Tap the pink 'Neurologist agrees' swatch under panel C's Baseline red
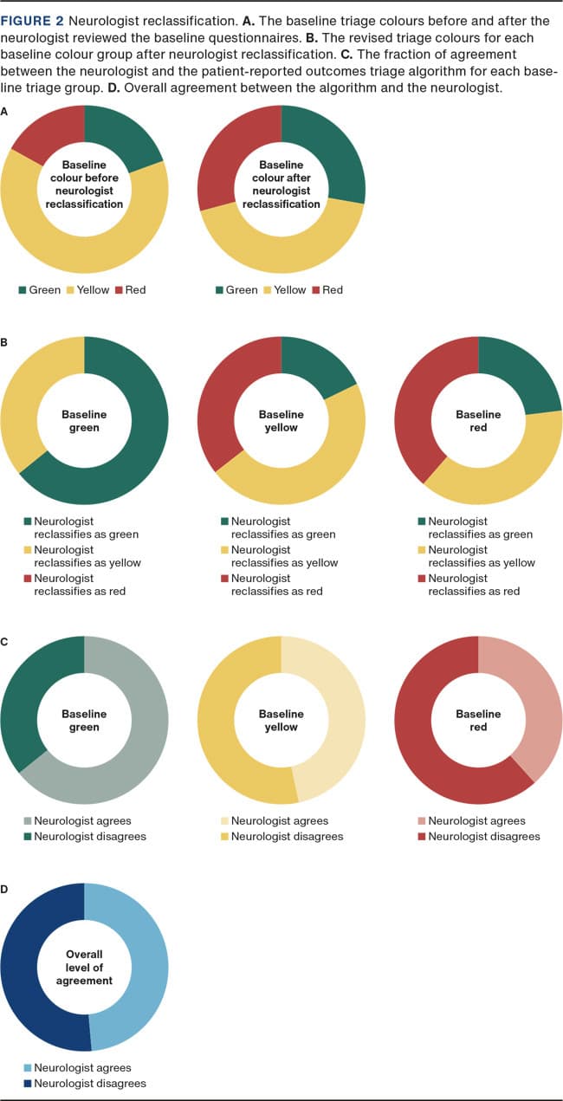tap(420, 821)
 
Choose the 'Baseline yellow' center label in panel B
tap(281, 421)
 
